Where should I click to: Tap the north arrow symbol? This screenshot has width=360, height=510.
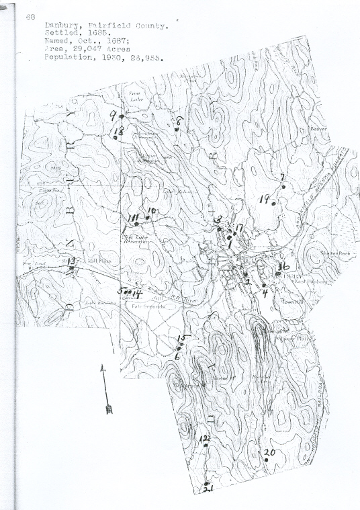[x=104, y=389]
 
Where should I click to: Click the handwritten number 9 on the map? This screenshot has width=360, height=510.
[x=114, y=115]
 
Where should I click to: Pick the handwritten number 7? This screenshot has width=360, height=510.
[x=283, y=178]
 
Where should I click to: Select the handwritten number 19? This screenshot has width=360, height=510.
[x=265, y=200]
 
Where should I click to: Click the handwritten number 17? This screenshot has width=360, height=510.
[x=238, y=228]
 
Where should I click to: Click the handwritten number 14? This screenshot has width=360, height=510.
[x=136, y=293]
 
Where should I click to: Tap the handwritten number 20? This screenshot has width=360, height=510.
[x=269, y=452]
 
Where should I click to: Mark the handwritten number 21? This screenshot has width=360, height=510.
[x=208, y=489]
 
